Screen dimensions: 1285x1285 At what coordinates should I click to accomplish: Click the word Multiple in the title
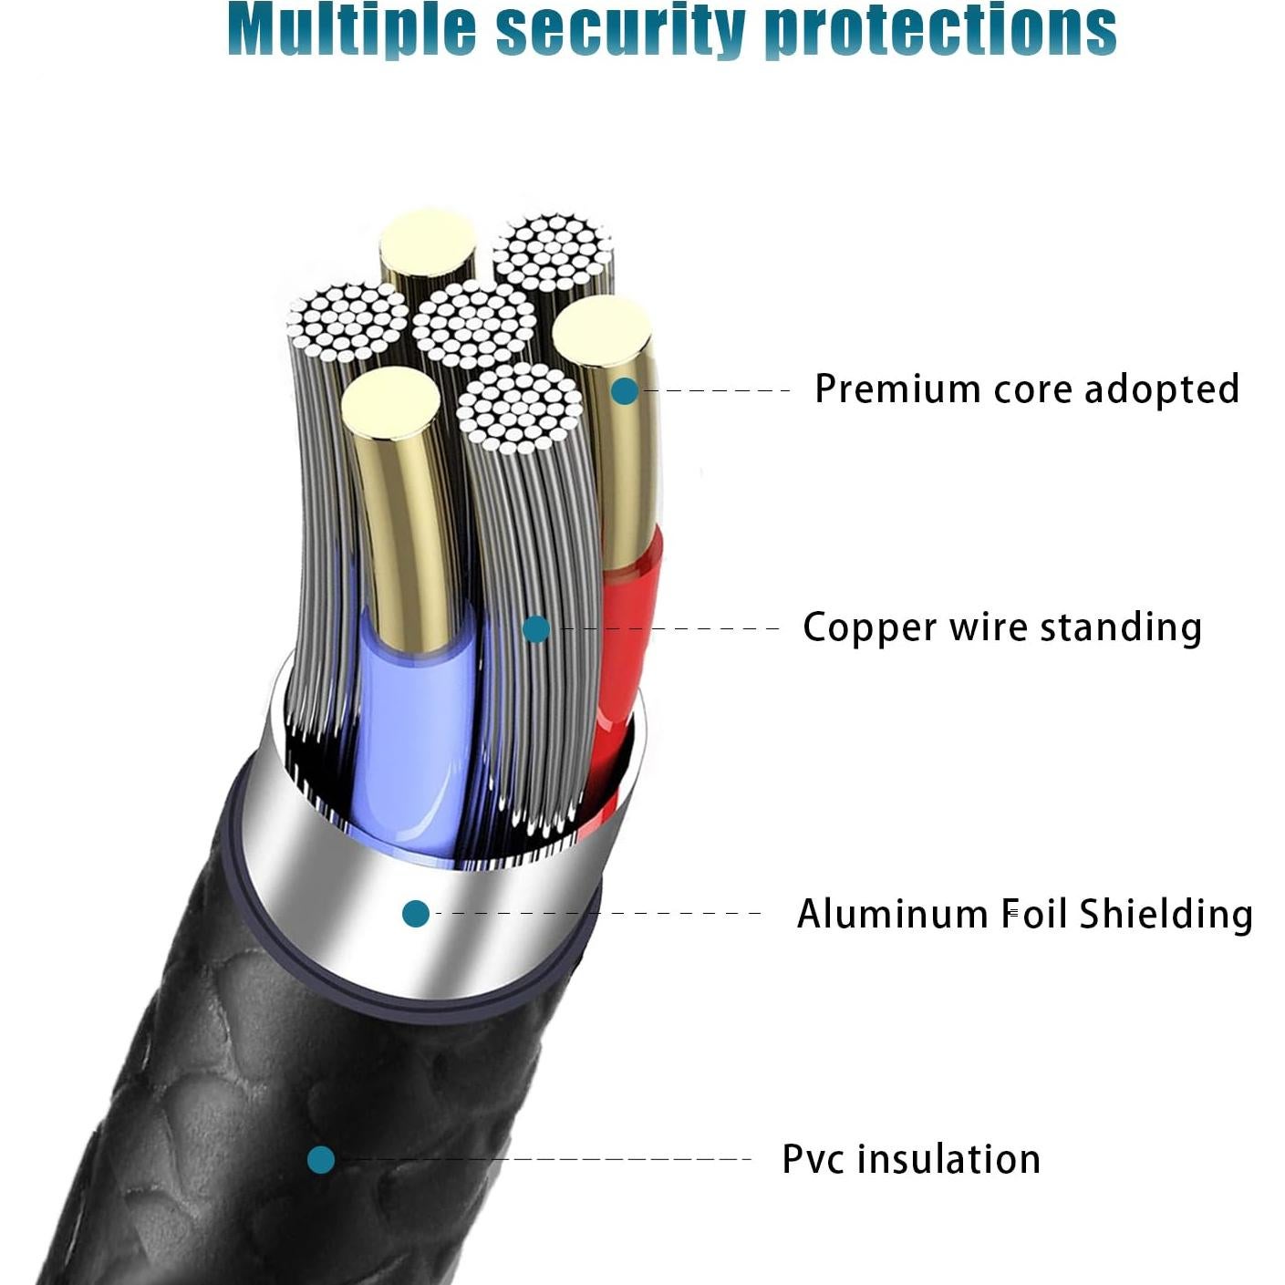351,29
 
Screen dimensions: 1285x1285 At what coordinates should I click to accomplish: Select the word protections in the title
940,29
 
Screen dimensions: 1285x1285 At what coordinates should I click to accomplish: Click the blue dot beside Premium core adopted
625,391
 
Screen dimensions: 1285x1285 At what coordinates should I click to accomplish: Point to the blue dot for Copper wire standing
536,629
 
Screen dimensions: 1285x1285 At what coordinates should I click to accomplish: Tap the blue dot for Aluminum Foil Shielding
416,913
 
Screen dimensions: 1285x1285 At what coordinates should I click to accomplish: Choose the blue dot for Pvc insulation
320,1160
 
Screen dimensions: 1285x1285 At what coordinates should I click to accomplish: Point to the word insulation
948,1159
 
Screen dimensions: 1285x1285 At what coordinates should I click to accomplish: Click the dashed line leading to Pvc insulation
547,1160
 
